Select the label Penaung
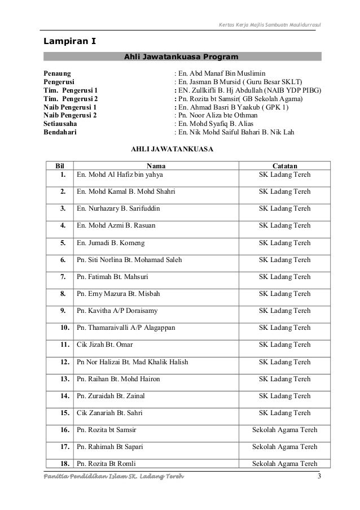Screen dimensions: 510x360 tap(58, 73)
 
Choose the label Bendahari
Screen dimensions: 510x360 tap(61, 133)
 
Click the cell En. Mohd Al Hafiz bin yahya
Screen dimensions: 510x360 tap(119, 175)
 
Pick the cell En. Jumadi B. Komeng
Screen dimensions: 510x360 tap(111, 243)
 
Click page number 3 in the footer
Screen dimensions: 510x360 tap(319, 480)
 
